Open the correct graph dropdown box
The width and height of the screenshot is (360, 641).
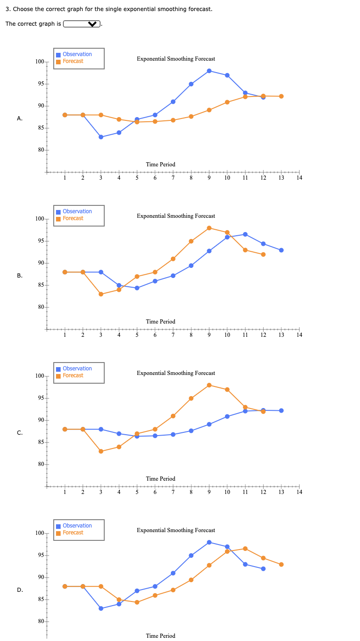[x=82, y=24]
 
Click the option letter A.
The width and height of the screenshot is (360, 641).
[x=19, y=119]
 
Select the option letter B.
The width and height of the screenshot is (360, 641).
[x=19, y=276]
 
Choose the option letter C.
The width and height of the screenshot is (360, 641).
[x=19, y=433]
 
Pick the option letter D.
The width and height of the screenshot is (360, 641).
[x=19, y=590]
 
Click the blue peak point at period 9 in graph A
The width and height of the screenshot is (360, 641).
[x=209, y=71]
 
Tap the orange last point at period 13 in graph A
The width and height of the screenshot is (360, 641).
[x=281, y=96]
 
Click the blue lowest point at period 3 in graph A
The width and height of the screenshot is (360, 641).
[x=101, y=137]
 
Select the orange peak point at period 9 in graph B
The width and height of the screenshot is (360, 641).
[x=209, y=228]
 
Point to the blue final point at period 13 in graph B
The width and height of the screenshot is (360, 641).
[x=281, y=250]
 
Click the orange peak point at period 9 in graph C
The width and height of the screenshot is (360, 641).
[x=209, y=385]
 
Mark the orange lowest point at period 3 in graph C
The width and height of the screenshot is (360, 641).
[x=101, y=451]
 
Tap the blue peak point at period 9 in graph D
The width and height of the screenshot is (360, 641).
[x=209, y=542]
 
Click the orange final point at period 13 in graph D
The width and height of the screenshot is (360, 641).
[x=281, y=564]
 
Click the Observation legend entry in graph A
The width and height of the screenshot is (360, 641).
[x=77, y=54]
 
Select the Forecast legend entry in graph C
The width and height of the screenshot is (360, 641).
[x=73, y=375]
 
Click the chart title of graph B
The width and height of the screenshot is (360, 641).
[x=176, y=216]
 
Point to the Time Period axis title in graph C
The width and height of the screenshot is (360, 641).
[x=160, y=479]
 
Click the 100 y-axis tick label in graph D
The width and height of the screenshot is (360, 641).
[x=39, y=533]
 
